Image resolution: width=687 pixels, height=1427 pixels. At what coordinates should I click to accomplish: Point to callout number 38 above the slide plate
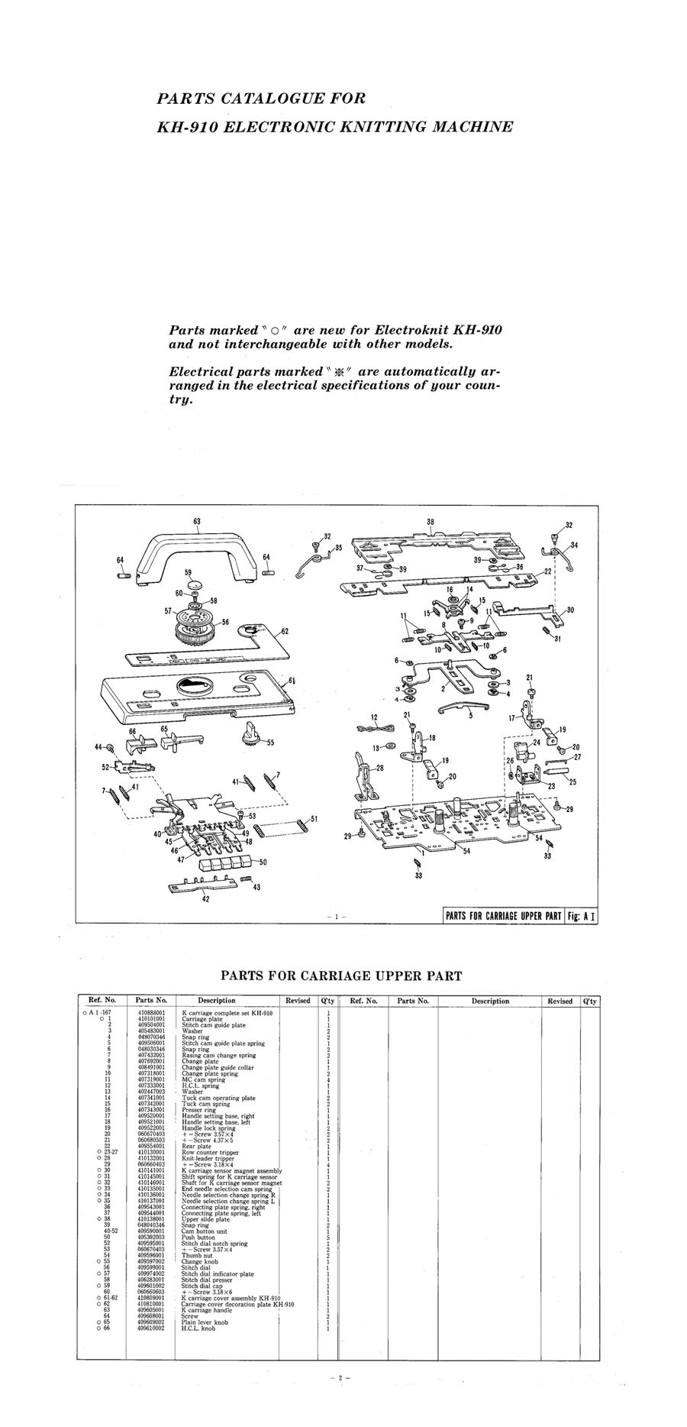(430, 522)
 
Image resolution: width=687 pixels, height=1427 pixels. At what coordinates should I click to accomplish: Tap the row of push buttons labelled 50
(226, 863)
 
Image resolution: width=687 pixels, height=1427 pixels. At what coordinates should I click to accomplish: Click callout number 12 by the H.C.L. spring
(374, 717)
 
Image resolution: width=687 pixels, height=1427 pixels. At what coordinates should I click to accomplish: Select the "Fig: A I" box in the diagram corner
(580, 916)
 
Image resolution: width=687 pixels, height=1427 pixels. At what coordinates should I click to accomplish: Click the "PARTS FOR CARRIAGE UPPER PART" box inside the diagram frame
(503, 916)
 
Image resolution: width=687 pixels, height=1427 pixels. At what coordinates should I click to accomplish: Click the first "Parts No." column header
(150, 1000)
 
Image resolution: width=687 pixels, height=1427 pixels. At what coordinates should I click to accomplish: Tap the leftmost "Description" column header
(217, 1000)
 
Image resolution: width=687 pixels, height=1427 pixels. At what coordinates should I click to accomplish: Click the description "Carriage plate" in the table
(202, 1019)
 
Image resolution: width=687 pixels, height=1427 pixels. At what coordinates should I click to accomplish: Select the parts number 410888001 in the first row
(151, 1013)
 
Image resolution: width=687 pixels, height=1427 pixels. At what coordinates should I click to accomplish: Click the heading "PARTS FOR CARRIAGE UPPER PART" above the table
(341, 976)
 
